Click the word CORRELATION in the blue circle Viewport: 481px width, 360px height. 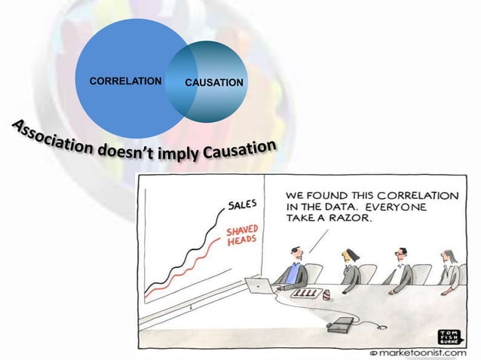click(126, 79)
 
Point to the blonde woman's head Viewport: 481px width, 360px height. click(348, 256)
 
